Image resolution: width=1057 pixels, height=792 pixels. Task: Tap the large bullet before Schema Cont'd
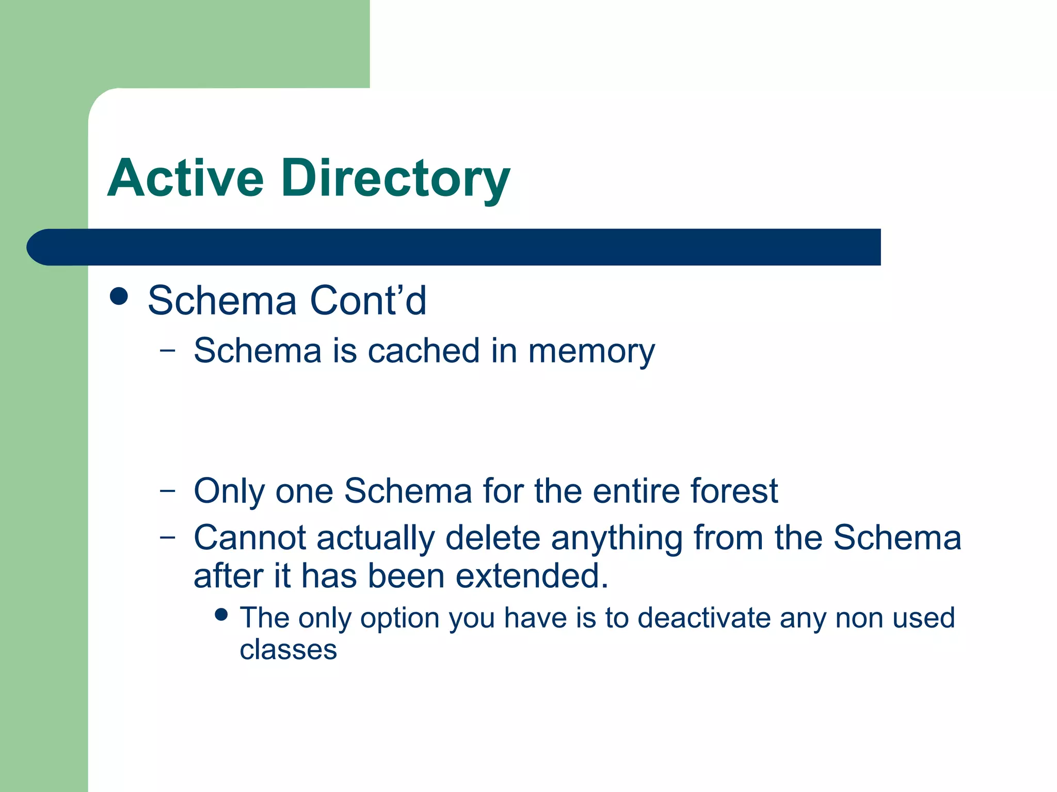119,296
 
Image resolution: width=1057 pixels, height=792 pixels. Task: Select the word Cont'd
368,300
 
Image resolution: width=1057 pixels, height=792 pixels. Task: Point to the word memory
591,352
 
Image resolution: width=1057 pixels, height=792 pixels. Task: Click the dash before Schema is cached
167,351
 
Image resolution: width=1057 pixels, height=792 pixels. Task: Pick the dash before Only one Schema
167,490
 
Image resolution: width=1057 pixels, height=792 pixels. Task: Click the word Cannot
250,538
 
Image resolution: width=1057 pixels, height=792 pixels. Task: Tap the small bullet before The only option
221,615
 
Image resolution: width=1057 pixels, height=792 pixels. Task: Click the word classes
288,649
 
